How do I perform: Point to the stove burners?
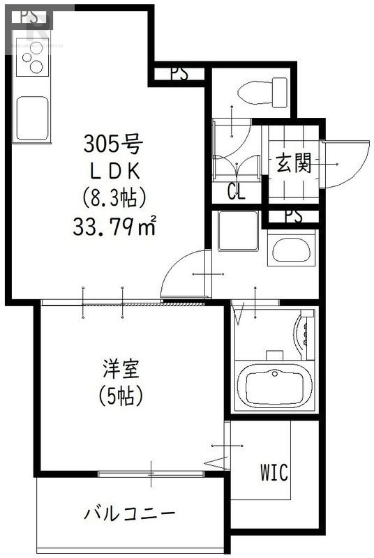point(31,64)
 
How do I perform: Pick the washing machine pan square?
point(239,229)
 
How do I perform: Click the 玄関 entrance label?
point(292,165)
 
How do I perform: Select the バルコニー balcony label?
point(130,515)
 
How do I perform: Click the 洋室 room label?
point(120,368)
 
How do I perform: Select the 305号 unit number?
point(113,146)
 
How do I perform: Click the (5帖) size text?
point(120,395)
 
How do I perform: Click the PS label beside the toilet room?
point(179,74)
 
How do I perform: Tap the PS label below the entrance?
point(293,217)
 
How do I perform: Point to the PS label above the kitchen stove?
point(29,18)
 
